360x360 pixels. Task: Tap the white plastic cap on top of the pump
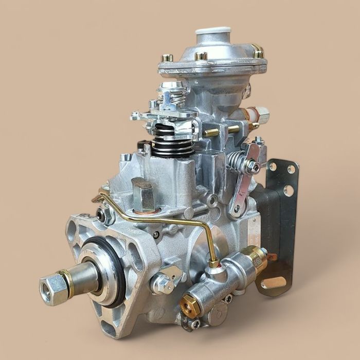click(x=213, y=33)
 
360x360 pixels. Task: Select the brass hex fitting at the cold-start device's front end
click(x=190, y=305)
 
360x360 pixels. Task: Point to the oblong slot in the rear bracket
click(x=273, y=282)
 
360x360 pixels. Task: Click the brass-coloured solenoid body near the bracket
click(x=254, y=258)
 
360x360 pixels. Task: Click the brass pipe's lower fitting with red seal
click(x=213, y=263)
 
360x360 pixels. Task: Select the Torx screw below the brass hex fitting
click(x=195, y=324)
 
